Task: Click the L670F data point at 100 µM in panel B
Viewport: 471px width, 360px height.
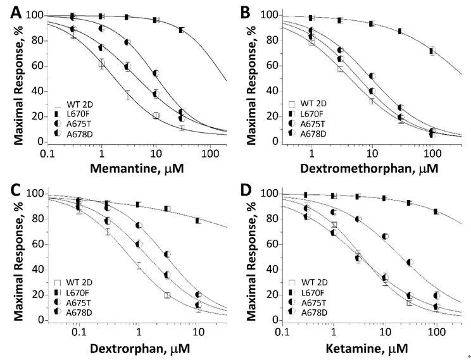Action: [x=432, y=51]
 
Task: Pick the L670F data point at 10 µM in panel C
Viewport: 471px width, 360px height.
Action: [x=198, y=221]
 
